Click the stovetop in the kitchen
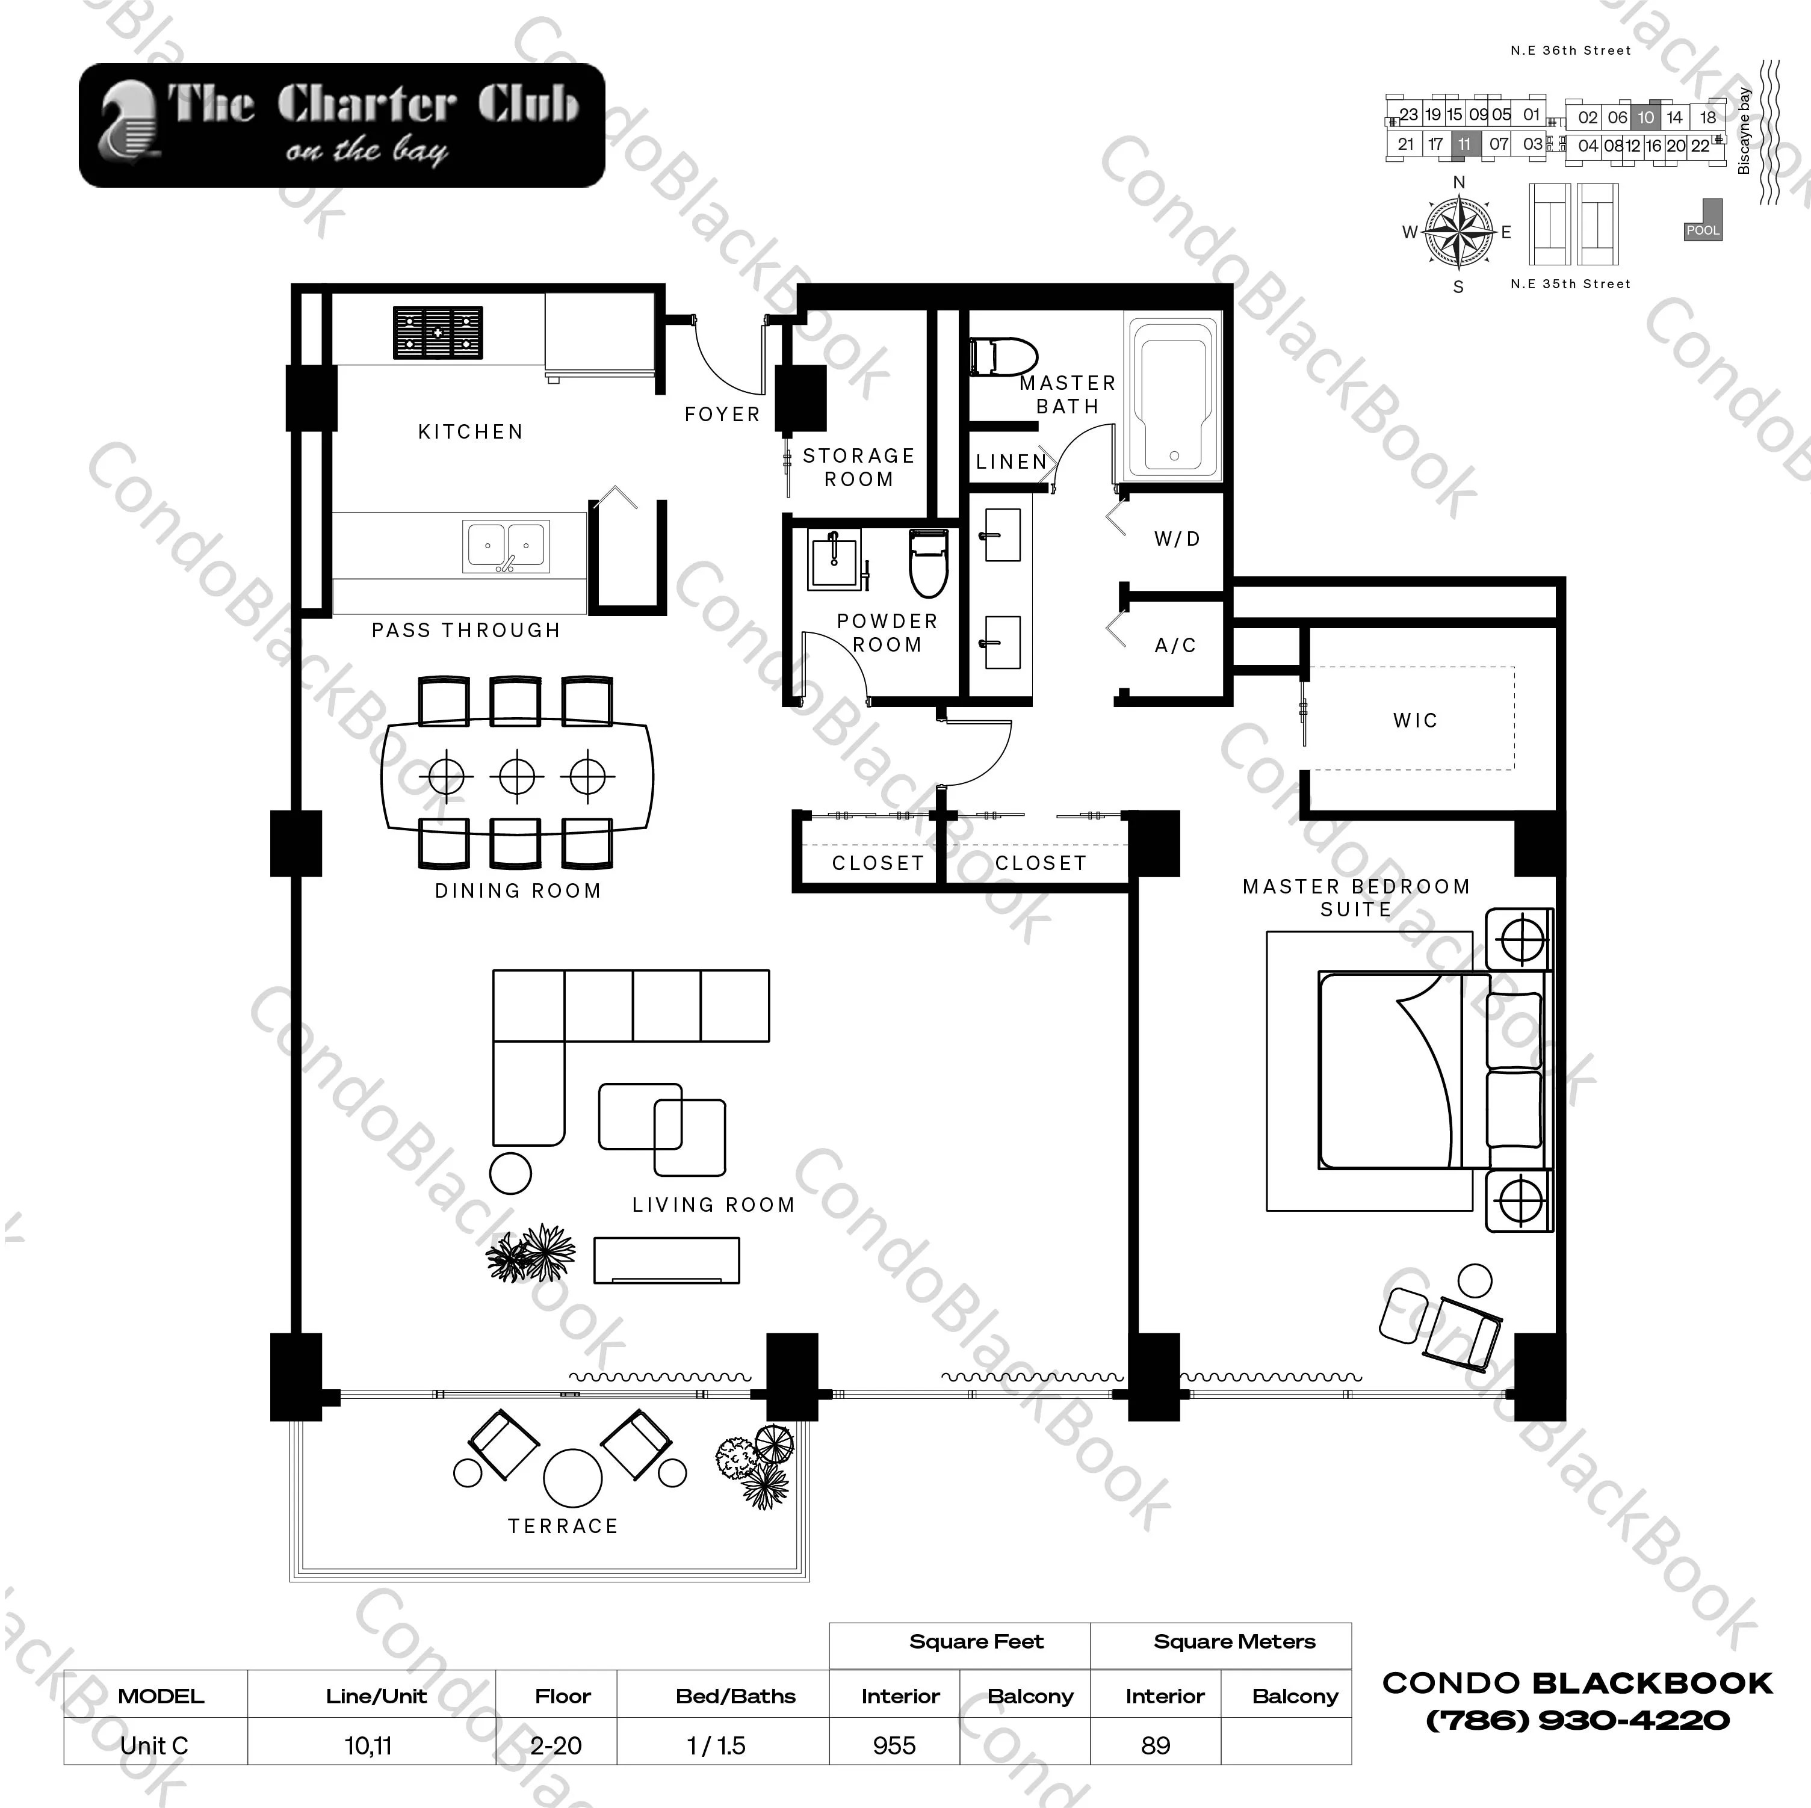tap(438, 333)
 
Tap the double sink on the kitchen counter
tap(506, 546)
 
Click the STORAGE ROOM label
tap(859, 467)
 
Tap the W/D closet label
tap(1177, 539)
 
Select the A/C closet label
tap(1175, 645)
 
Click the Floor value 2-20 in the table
tap(556, 1745)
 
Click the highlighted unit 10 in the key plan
tap(1646, 117)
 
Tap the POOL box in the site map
tap(1702, 230)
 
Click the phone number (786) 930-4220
tap(1577, 1720)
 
